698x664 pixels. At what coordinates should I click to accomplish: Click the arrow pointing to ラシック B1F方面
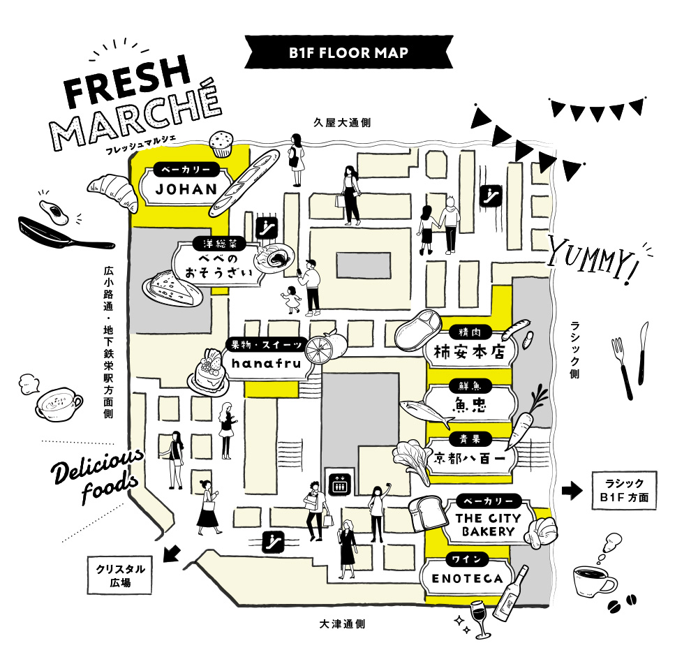click(x=572, y=491)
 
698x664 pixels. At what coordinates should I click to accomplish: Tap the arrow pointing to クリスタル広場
click(x=170, y=554)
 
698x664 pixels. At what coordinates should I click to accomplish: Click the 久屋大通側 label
click(x=341, y=123)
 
